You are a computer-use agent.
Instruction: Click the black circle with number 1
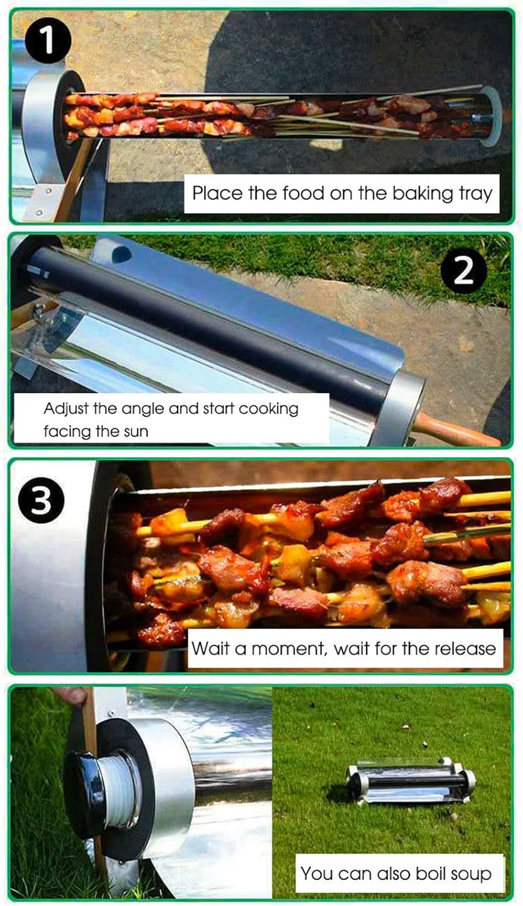tap(48, 40)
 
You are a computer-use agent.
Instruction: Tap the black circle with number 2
tap(464, 271)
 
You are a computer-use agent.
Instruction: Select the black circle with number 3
tap(41, 500)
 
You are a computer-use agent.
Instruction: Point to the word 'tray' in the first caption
tap(476, 194)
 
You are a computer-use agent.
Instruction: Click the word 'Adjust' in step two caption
tap(66, 409)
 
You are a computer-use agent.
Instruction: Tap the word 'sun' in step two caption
tap(136, 432)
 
